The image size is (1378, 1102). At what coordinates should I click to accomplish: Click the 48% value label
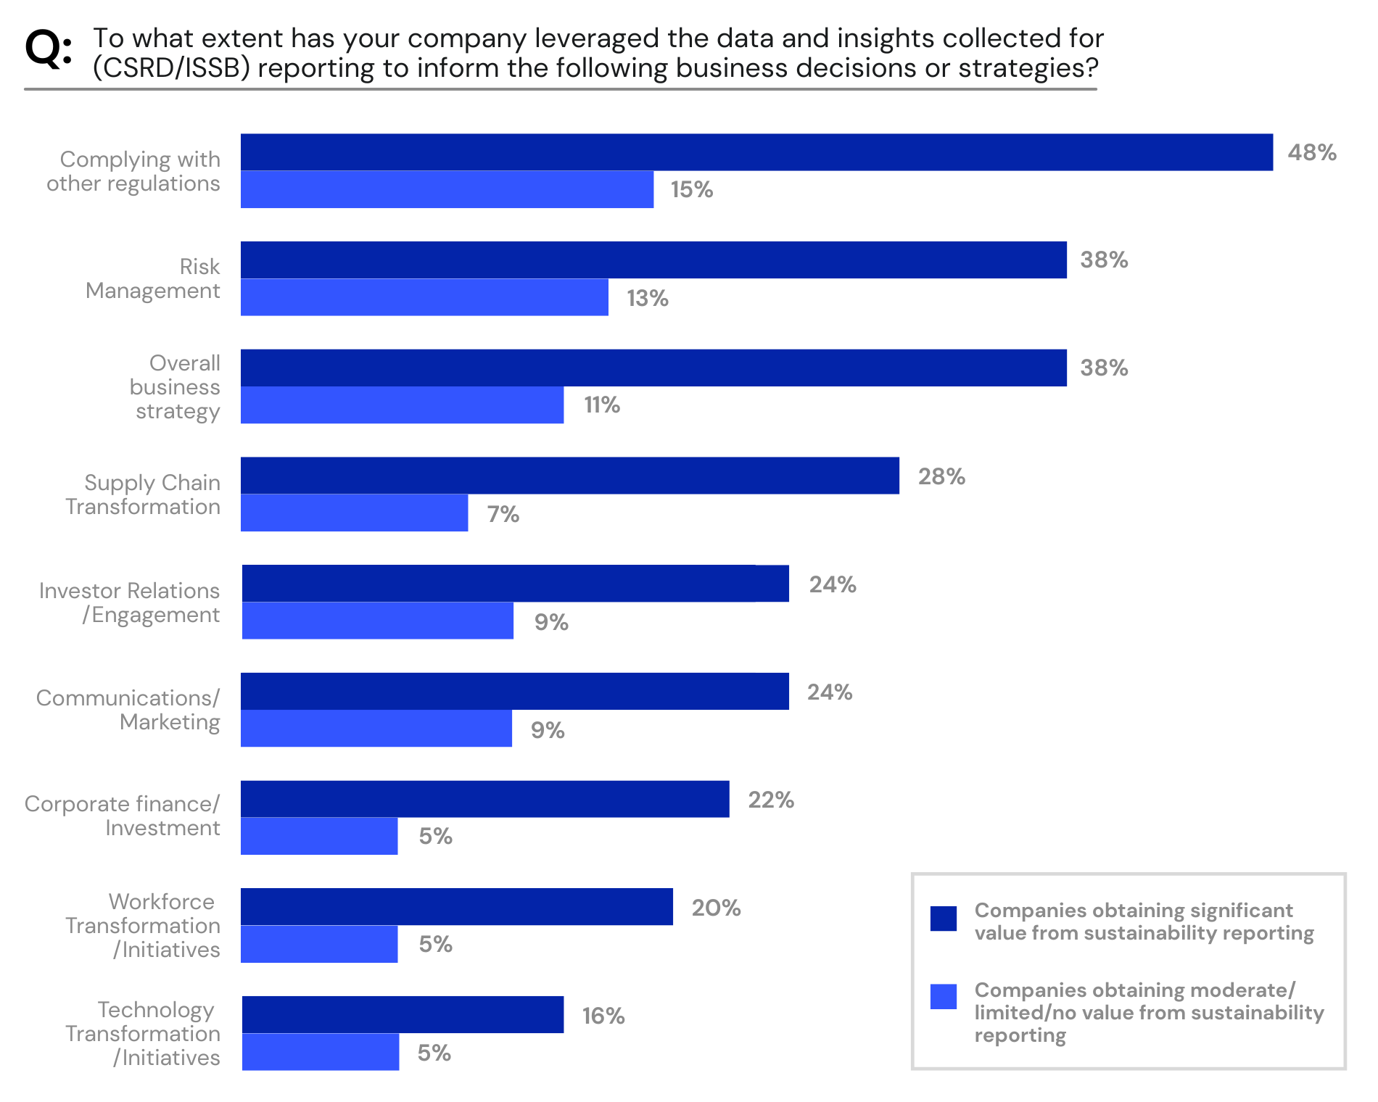pos(1311,153)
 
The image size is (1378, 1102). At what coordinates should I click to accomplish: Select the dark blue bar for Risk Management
pos(653,260)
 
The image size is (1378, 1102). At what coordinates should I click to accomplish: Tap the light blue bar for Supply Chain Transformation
pos(354,513)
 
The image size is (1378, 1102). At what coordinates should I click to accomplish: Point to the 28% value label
pos(941,477)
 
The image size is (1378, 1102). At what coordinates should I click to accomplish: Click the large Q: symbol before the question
pos(48,49)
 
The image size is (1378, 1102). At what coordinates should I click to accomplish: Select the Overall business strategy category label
pos(175,387)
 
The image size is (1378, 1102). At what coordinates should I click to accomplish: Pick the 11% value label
pos(601,405)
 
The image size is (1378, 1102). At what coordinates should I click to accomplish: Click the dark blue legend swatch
pos(943,918)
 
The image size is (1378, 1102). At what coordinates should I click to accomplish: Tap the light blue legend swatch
pos(943,996)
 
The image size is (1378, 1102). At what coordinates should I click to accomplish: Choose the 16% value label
pos(603,1016)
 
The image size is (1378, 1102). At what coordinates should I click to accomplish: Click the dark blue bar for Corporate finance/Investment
pos(484,800)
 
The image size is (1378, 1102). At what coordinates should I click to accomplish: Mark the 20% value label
pos(715,908)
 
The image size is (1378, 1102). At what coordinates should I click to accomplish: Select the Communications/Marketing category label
pos(128,710)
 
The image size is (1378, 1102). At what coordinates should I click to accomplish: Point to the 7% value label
pos(503,515)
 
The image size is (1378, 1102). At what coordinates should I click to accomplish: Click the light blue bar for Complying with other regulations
pos(447,190)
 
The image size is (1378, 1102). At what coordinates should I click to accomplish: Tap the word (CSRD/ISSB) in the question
pos(171,68)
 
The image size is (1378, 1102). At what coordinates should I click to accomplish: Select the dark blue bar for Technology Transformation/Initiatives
pos(403,1015)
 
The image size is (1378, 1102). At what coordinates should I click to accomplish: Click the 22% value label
pos(770,800)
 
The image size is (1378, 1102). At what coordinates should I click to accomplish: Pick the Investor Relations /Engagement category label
pos(129,602)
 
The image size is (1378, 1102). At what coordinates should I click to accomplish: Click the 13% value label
pos(647,299)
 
